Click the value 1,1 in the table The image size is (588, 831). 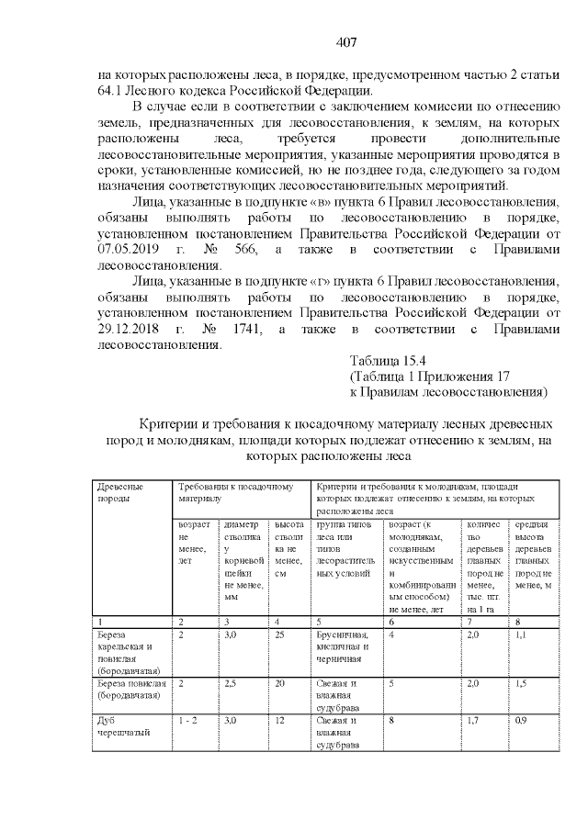click(x=521, y=634)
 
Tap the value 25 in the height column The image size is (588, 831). click(x=279, y=634)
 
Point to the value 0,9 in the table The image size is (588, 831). click(x=521, y=721)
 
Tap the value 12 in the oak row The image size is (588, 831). click(x=279, y=721)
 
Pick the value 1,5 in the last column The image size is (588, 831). click(x=521, y=683)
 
